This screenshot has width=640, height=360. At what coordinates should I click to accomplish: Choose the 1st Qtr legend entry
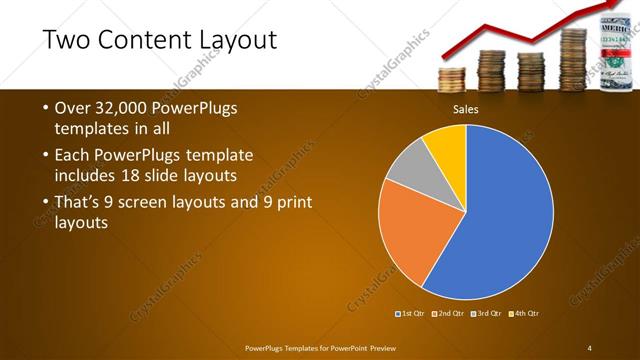(414, 313)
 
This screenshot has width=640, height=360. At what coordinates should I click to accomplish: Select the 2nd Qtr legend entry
(451, 313)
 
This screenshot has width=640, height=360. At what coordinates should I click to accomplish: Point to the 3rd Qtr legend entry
(488, 313)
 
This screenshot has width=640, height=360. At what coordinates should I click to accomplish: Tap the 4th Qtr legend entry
(525, 313)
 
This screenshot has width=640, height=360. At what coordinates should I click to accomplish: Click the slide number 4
(590, 347)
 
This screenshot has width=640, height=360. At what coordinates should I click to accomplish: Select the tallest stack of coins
(573, 60)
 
